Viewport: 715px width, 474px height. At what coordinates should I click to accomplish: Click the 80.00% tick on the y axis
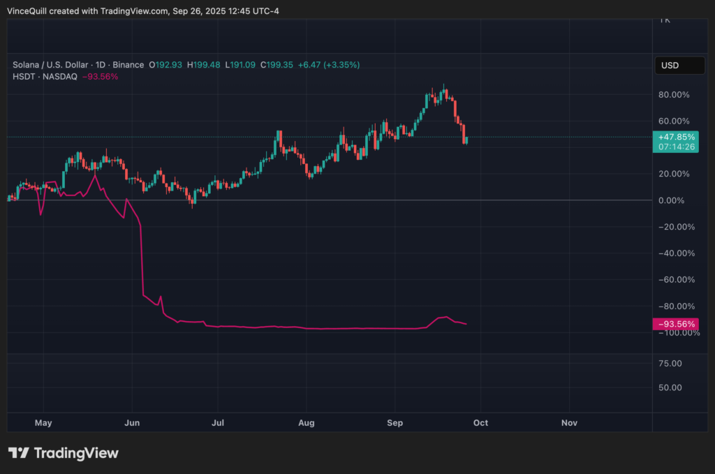(675, 94)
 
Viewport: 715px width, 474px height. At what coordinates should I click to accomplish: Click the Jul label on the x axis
(218, 423)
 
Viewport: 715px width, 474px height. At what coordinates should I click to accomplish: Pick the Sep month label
(395, 423)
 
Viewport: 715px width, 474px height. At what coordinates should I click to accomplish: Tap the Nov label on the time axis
(570, 423)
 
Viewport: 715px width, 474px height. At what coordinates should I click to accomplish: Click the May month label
(43, 423)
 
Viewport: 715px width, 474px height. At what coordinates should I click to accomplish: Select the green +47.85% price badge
(676, 137)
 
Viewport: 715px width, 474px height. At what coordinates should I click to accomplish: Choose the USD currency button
(670, 66)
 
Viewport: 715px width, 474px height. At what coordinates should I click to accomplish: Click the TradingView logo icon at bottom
(18, 453)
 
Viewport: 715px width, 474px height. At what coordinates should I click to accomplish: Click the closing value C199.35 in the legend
(277, 65)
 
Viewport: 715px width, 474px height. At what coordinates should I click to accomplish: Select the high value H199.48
(203, 65)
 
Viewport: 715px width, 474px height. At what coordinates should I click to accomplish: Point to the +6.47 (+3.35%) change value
(329, 65)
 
